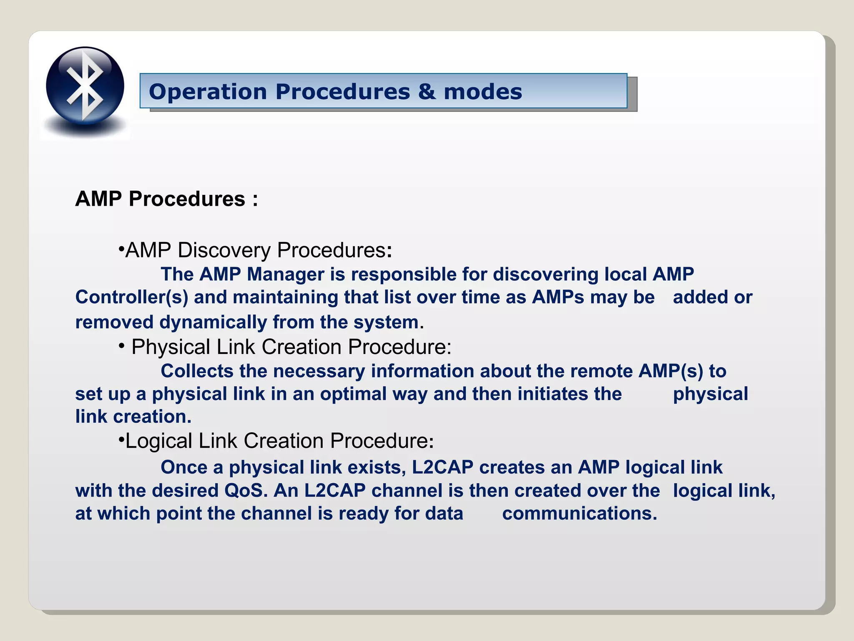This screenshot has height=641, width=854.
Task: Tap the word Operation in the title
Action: (208, 92)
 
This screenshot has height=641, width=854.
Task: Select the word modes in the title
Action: (482, 92)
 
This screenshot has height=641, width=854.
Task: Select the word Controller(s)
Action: (132, 298)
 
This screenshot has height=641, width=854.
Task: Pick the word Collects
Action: (197, 371)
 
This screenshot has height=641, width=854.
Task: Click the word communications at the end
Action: (579, 514)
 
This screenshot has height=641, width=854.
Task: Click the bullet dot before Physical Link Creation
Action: (122, 346)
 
